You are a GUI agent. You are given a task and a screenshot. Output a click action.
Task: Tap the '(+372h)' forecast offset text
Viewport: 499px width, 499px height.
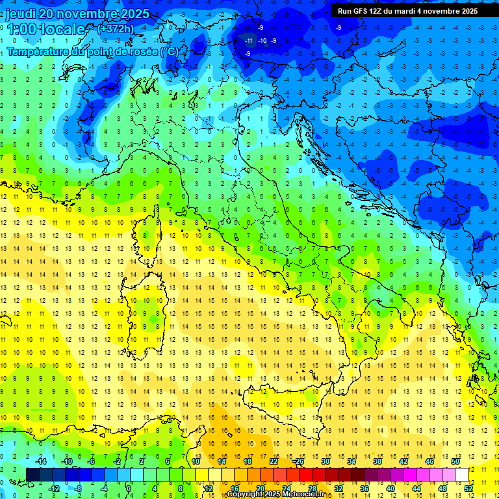coord(116,29)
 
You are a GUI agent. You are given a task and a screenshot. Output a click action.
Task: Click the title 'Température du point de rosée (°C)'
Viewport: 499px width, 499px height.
coord(92,51)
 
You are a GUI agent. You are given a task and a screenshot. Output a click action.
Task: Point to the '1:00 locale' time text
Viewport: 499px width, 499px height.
coord(45,29)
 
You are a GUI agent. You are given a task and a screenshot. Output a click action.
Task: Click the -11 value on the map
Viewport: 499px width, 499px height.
coord(249,41)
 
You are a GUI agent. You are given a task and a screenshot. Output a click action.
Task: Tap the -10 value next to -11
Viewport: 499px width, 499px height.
coord(262,41)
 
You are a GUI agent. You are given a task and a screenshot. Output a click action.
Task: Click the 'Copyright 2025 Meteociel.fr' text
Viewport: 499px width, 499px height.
coord(277,494)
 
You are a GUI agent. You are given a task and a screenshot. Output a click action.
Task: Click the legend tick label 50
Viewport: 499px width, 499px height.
coord(455,461)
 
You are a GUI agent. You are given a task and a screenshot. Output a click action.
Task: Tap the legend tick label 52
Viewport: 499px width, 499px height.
coord(468,489)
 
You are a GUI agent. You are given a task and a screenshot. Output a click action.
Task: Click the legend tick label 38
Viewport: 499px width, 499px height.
coord(377,461)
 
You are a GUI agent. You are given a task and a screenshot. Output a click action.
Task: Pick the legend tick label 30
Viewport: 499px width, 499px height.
coord(326,461)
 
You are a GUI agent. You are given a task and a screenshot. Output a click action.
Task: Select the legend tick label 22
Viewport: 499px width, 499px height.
coord(274,461)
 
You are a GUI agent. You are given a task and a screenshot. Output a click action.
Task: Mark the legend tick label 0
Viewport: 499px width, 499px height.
coord(129,489)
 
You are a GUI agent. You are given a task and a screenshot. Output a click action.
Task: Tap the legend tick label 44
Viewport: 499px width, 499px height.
coord(416,489)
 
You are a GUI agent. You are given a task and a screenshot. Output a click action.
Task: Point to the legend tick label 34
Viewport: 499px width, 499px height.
coord(352,461)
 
